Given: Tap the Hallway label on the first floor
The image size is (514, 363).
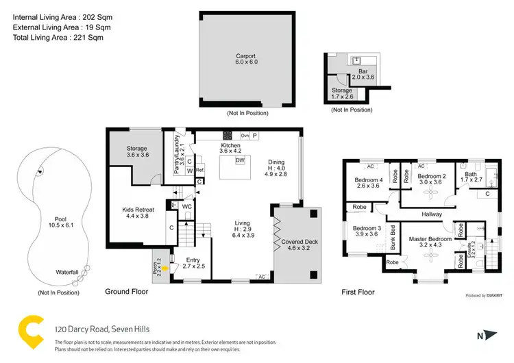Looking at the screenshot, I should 432,214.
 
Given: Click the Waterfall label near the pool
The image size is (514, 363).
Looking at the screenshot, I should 69,272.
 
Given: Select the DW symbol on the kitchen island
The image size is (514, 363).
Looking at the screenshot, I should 239,160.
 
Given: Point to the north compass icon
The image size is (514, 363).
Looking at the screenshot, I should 486,336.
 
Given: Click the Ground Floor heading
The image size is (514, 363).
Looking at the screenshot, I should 126,291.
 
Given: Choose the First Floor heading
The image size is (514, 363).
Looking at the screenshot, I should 358,292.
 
